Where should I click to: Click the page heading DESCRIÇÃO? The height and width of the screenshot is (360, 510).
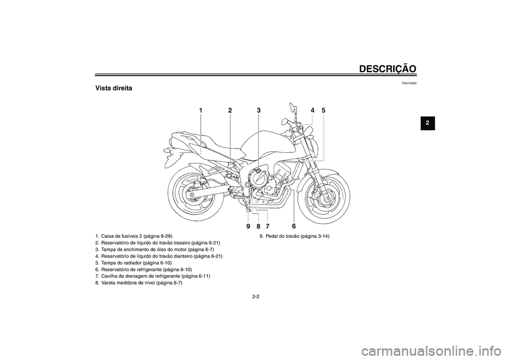click(x=388, y=68)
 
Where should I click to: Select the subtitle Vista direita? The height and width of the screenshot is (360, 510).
click(x=114, y=88)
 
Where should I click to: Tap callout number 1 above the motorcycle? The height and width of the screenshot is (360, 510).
click(x=201, y=110)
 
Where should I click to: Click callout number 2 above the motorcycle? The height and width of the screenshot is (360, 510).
click(x=230, y=110)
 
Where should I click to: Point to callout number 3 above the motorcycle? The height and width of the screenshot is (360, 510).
click(x=259, y=110)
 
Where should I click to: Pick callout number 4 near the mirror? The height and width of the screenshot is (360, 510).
click(x=312, y=110)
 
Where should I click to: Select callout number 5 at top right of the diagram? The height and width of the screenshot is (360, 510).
click(x=324, y=110)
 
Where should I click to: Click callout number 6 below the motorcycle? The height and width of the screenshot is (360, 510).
click(x=294, y=226)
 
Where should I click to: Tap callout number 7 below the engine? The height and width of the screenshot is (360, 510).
click(x=267, y=226)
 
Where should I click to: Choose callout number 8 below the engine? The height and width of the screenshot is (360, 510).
click(x=258, y=226)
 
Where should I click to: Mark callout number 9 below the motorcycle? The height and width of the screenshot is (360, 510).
click(x=248, y=226)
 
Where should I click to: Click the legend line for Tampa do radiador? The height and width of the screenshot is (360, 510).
click(x=133, y=263)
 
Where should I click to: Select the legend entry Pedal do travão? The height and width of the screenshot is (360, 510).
click(x=294, y=236)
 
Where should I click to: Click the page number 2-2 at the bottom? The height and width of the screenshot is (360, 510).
click(x=256, y=296)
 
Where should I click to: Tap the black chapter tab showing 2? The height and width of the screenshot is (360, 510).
click(x=428, y=123)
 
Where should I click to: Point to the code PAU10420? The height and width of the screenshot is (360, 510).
click(x=409, y=83)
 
